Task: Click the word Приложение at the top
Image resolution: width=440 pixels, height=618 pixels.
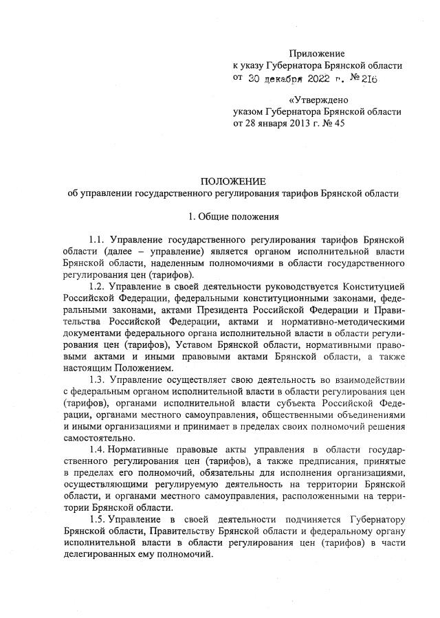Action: pos(317,53)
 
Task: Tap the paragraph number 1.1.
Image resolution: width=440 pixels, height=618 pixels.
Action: pos(97,240)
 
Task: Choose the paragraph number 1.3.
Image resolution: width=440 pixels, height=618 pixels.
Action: pos(97,379)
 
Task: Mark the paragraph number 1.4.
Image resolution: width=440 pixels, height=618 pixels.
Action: pos(97,450)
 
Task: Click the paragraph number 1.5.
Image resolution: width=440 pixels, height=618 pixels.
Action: pos(97,519)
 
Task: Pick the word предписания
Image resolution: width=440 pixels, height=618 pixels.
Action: pos(321,461)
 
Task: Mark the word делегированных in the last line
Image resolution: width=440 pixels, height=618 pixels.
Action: pos(104,554)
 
